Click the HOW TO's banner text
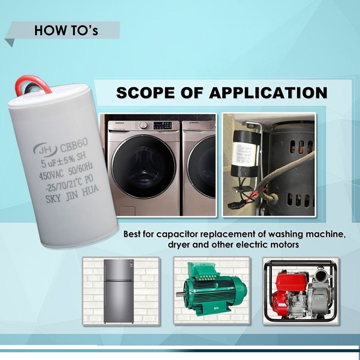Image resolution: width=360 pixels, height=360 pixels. (66, 31)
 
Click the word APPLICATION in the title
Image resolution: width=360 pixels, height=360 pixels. (268, 93)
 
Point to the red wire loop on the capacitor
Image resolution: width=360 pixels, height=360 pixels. (33, 85)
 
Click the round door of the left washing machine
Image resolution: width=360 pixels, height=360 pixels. (143, 167)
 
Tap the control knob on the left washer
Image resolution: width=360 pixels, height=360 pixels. (143, 126)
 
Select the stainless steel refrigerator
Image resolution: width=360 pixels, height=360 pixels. (119, 291)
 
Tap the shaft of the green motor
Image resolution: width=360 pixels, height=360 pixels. (180, 294)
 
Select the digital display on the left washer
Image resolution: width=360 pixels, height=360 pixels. (162, 126)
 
